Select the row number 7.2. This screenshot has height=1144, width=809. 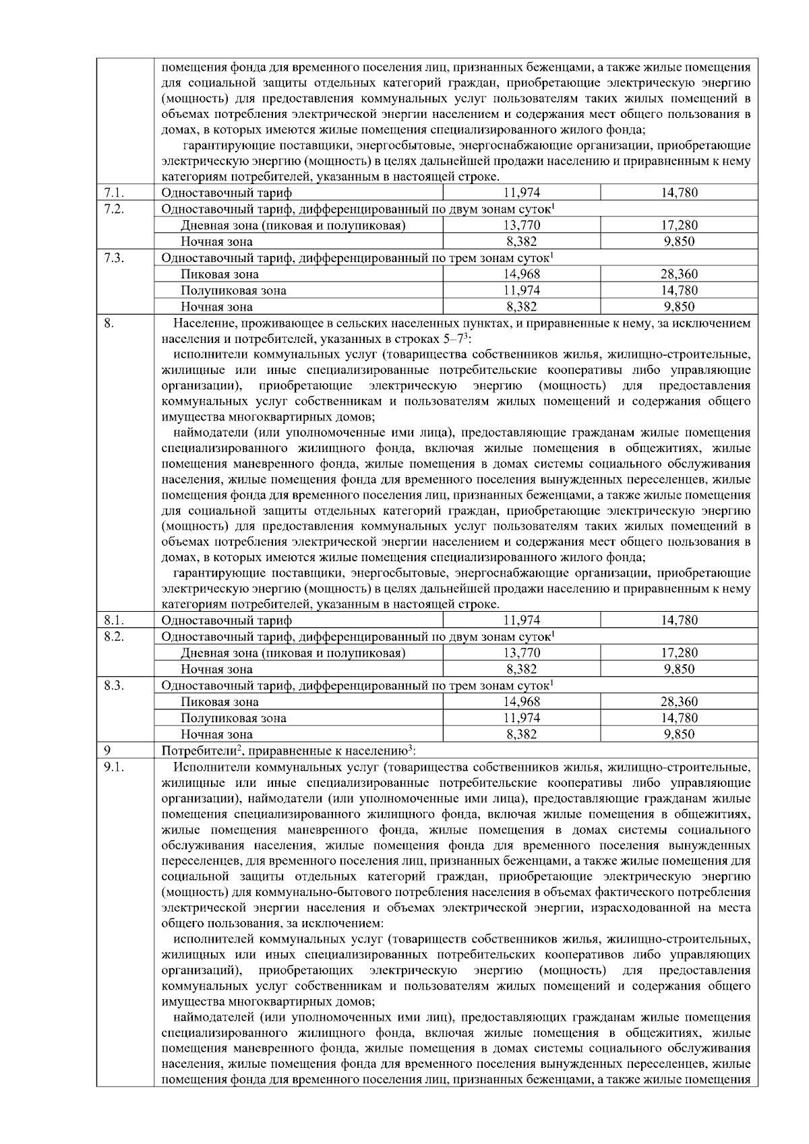pyautogui.click(x=114, y=209)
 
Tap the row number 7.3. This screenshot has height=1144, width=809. pyautogui.click(x=114, y=257)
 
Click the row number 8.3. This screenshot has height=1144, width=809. pyautogui.click(x=114, y=685)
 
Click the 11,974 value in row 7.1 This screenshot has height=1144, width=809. pyautogui.click(x=521, y=193)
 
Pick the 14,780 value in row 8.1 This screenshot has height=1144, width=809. pyautogui.click(x=679, y=620)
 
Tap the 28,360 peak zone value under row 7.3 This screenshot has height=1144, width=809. pyautogui.click(x=679, y=274)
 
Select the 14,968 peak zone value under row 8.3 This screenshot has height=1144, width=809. pyautogui.click(x=521, y=701)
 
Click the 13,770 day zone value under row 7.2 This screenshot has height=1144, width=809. pyautogui.click(x=521, y=225)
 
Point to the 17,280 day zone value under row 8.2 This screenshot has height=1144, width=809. pyautogui.click(x=679, y=653)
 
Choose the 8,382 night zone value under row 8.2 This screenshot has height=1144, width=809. pyautogui.click(x=521, y=669)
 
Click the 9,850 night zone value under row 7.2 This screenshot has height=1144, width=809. pyautogui.click(x=679, y=241)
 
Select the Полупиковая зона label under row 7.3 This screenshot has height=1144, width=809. pyautogui.click(x=233, y=290)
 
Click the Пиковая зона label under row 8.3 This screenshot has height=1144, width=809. pyautogui.click(x=219, y=701)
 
